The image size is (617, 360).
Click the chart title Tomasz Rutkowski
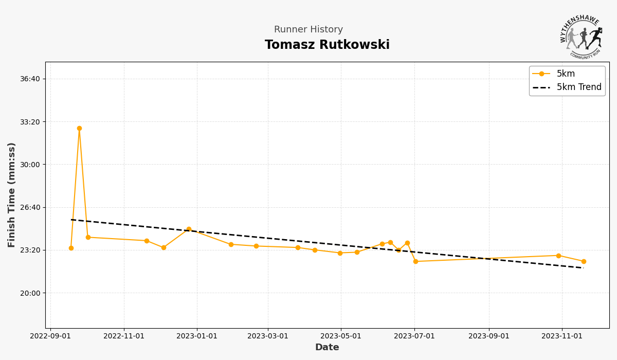tap(327, 45)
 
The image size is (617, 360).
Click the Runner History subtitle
tap(308, 30)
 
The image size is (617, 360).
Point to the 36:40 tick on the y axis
tap(30, 79)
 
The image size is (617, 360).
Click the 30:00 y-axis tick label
tap(30, 165)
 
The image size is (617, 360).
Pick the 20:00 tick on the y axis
tap(30, 293)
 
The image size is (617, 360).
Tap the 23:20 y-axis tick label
tap(30, 250)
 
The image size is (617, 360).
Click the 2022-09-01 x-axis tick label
tap(50, 336)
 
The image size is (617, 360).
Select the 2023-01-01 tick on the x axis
tap(197, 336)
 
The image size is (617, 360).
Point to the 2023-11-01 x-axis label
tap(562, 336)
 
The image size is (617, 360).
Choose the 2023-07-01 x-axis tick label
tap(414, 336)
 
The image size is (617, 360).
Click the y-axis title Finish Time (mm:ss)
tap(12, 194)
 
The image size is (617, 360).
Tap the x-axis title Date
tap(327, 348)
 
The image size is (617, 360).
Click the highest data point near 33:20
tap(79, 129)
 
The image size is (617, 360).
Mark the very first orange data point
tap(71, 248)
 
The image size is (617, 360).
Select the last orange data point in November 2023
tap(584, 261)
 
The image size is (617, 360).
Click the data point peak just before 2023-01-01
tap(189, 229)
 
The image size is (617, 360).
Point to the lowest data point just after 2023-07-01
tap(415, 261)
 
